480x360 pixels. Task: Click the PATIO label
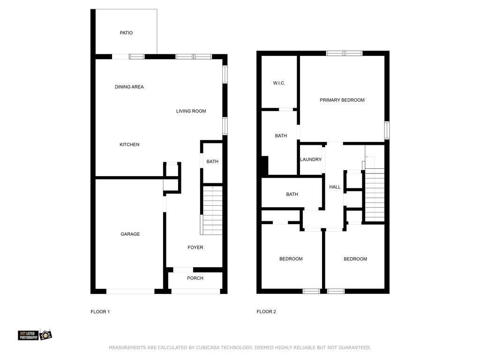126,33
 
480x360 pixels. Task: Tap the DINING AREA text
129,87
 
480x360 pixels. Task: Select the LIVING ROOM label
191,111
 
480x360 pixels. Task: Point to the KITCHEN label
129,144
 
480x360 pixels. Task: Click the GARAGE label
130,234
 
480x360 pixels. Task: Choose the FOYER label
195,247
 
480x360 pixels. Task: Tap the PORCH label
195,278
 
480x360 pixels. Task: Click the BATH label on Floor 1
212,162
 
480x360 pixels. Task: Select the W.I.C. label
279,83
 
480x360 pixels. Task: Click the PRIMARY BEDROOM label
342,100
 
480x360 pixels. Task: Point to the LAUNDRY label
311,159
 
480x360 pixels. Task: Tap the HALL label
335,187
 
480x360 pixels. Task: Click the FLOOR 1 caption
100,312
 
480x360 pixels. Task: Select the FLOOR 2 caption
266,312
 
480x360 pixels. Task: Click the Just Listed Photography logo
35,335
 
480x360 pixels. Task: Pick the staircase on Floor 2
375,195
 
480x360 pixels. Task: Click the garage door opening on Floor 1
130,292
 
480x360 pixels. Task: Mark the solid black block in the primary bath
265,165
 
